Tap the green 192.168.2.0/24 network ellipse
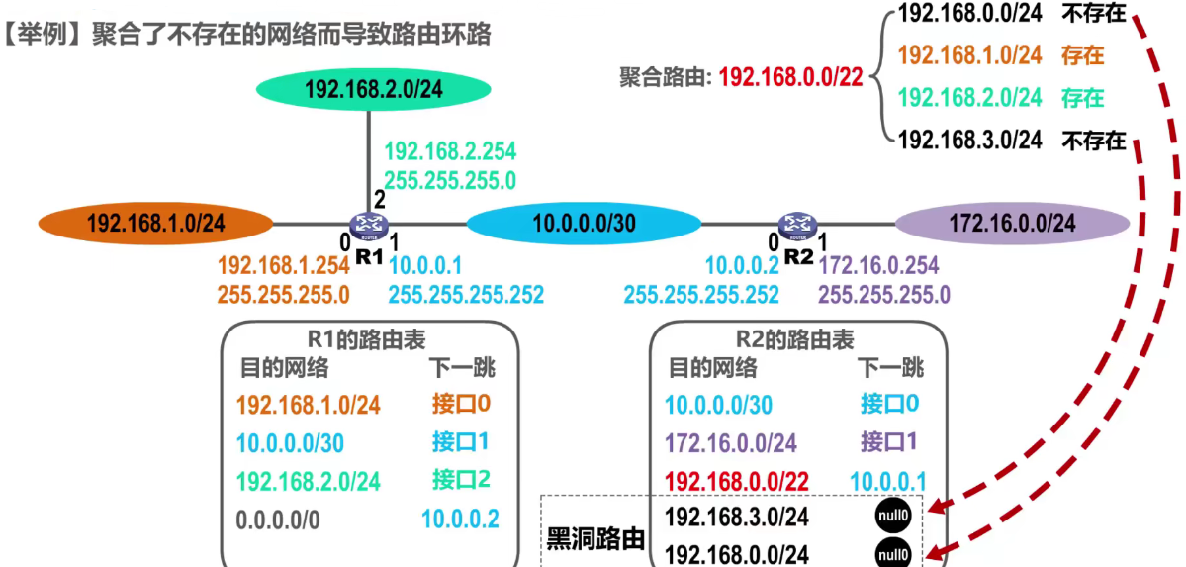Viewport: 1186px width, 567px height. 374,89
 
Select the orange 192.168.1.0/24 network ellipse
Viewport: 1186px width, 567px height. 155,223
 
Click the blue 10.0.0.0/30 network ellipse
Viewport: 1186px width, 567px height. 584,224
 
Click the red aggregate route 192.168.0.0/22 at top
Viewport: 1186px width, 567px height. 789,76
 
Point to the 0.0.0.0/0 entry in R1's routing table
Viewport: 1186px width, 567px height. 279,519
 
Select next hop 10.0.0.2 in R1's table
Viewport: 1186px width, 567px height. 460,519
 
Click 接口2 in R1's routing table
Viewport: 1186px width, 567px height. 461,480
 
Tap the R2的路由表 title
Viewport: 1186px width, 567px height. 797,340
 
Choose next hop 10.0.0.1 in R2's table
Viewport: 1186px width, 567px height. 887,480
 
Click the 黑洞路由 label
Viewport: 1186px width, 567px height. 595,539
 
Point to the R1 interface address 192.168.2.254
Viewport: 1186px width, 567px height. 450,152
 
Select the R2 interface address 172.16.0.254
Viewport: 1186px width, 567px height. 879,265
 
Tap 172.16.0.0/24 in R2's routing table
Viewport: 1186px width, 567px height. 730,442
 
